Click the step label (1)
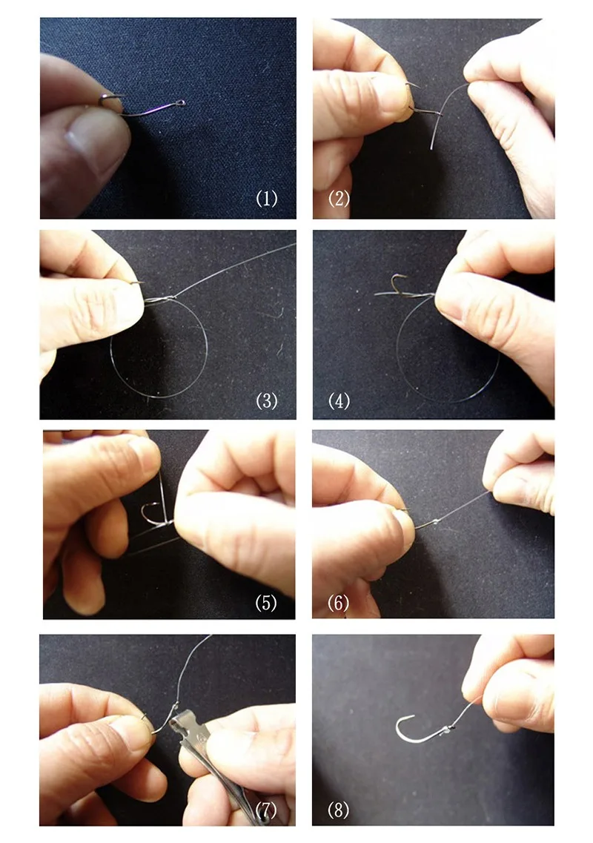tap(267, 199)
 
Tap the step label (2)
tap(339, 199)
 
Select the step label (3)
tap(267, 400)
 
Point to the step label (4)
tap(339, 400)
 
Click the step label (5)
tap(266, 603)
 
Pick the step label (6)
tap(338, 603)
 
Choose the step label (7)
tap(266, 810)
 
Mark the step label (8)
tap(338, 810)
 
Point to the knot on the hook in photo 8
tap(447, 729)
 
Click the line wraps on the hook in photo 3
tap(159, 299)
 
